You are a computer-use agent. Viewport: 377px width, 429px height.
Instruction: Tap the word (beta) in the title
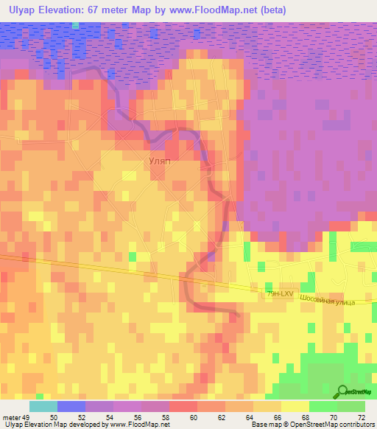(270, 10)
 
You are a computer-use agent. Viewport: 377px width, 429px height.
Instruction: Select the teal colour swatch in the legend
(43, 406)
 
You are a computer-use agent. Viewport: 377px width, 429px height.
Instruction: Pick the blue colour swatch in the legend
(71, 406)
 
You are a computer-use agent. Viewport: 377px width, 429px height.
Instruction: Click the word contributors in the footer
(358, 425)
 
